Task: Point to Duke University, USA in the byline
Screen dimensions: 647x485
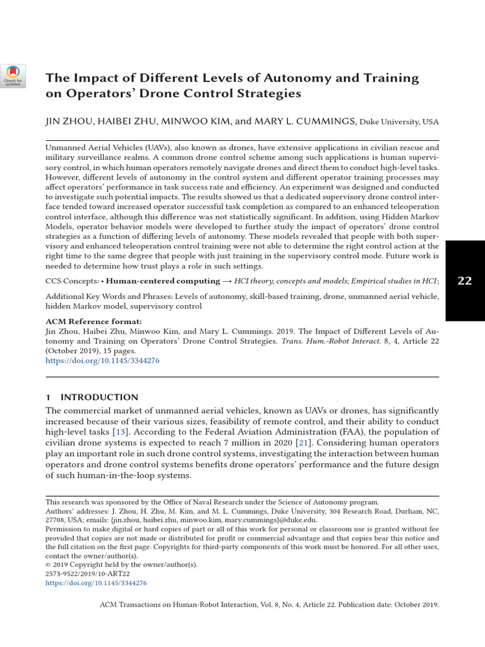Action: coord(398,123)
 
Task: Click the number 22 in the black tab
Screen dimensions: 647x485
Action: coord(464,281)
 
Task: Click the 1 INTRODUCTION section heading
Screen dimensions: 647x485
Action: coord(92,397)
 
